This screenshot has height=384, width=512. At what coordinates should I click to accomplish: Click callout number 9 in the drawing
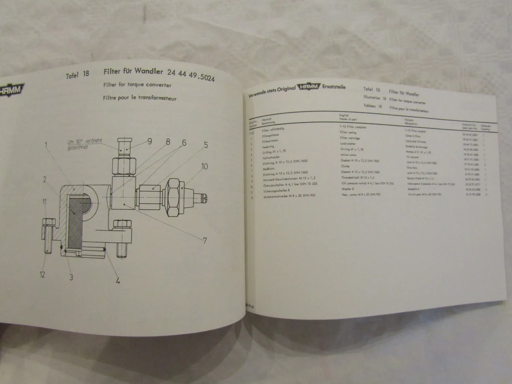pyautogui.click(x=150, y=141)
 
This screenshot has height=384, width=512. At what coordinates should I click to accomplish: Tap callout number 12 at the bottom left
pyautogui.click(x=42, y=274)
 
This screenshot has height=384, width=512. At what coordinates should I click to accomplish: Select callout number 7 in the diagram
pyautogui.click(x=205, y=241)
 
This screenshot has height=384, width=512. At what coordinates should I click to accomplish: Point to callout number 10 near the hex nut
pyautogui.click(x=204, y=167)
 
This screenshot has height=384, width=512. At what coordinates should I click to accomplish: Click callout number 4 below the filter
pyautogui.click(x=118, y=282)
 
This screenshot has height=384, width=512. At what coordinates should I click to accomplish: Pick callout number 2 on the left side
pyautogui.click(x=44, y=179)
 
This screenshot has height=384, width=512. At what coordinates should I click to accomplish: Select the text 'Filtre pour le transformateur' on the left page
pyautogui.click(x=140, y=98)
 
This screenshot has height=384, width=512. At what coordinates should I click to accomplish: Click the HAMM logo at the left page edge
pyautogui.click(x=11, y=90)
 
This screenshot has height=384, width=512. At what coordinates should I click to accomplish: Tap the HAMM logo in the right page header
pyautogui.click(x=309, y=88)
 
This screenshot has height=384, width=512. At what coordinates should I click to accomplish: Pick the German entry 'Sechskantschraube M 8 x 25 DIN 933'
pyautogui.click(x=289, y=196)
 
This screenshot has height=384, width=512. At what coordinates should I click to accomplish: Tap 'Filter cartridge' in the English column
pyautogui.click(x=350, y=138)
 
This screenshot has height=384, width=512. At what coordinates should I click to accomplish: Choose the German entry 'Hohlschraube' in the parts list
pyautogui.click(x=271, y=157)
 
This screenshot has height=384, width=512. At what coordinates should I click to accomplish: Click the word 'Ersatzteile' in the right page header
pyautogui.click(x=333, y=87)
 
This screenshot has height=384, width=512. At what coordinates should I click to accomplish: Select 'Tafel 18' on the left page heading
pyautogui.click(x=77, y=75)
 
